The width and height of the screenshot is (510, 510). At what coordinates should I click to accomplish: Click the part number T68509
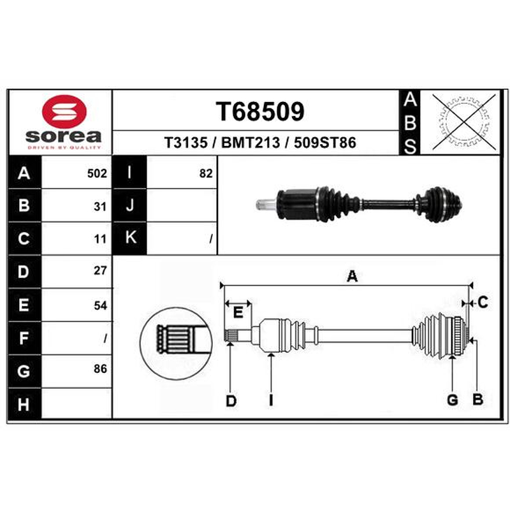pyautogui.click(x=260, y=111)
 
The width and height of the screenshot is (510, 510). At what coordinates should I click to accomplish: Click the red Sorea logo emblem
pyautogui.click(x=64, y=112)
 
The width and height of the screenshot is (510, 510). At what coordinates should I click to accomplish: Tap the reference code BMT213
pyautogui.click(x=251, y=142)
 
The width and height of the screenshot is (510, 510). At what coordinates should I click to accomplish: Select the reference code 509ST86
pyautogui.click(x=325, y=142)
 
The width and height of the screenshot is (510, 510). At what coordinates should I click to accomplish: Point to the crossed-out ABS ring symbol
pyautogui.click(x=464, y=122)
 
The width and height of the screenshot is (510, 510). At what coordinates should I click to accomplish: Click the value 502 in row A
pyautogui.click(x=97, y=173)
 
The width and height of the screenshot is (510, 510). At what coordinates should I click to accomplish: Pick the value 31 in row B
pyautogui.click(x=100, y=207)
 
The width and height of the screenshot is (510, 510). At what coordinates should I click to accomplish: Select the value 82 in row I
pyautogui.click(x=206, y=173)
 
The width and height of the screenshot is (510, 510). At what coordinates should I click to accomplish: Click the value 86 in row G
pyautogui.click(x=100, y=368)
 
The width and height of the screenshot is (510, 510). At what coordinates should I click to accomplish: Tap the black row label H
pyautogui.click(x=24, y=404)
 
